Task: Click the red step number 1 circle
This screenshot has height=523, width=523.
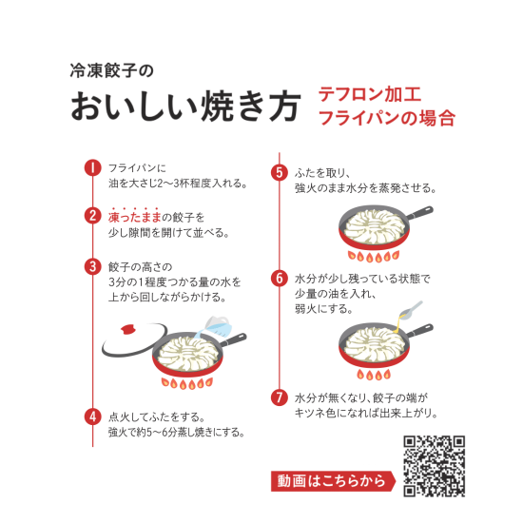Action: click(92, 168)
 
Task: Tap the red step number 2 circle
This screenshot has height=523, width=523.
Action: click(92, 217)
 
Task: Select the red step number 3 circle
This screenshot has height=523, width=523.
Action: click(92, 265)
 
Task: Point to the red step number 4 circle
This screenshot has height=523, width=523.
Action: click(92, 416)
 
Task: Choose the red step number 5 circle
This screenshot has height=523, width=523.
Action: click(279, 173)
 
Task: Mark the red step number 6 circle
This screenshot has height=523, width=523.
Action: click(279, 279)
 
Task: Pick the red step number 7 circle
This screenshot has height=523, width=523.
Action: click(279, 397)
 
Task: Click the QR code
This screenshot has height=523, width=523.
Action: click(435, 466)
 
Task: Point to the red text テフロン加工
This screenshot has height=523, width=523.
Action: click(366, 96)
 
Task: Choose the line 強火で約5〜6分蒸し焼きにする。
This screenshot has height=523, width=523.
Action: click(177, 432)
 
